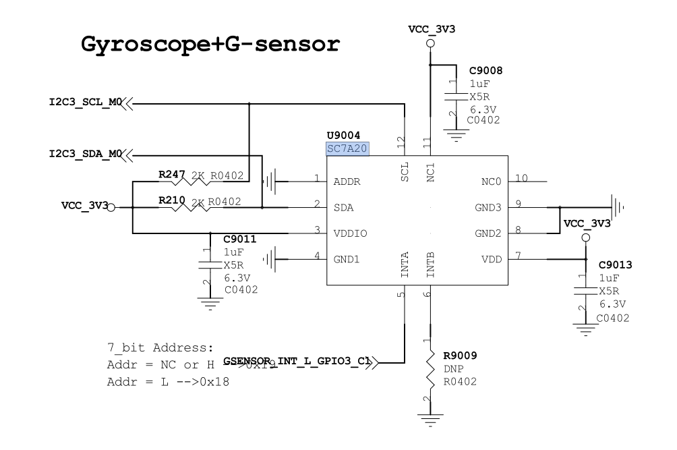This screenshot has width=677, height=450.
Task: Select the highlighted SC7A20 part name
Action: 347,149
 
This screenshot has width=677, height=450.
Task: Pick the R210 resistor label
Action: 171,201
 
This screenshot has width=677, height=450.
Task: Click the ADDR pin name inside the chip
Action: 348,181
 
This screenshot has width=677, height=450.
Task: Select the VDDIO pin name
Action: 350,233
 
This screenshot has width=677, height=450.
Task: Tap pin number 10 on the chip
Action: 521,178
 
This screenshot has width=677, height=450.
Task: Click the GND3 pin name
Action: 488,207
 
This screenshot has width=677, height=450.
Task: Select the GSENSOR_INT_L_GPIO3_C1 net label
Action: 297,362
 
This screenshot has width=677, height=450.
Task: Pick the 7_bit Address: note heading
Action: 160,348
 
